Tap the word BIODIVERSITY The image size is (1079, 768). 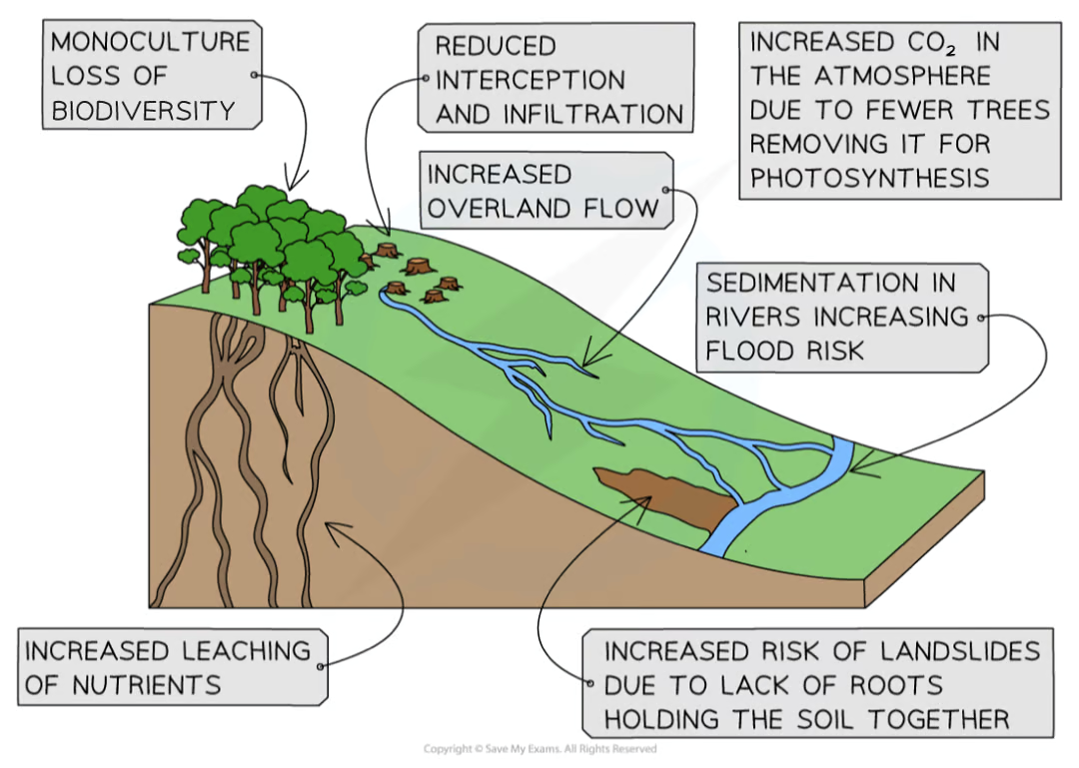[x=144, y=110]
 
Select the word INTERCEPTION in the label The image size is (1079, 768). [x=530, y=81]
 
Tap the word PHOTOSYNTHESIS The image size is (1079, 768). [x=869, y=177]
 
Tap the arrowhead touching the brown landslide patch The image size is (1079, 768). [x=637, y=497]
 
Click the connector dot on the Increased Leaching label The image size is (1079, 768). [x=321, y=666]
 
